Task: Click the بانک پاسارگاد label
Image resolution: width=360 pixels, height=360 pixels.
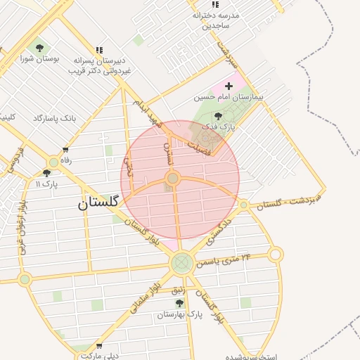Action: pyautogui.click(x=54, y=119)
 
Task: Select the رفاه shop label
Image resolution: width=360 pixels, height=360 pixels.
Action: pyautogui.click(x=66, y=160)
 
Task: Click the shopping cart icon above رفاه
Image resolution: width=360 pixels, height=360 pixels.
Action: pyautogui.click(x=66, y=150)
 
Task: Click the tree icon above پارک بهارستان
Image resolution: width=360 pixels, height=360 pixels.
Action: pyautogui.click(x=179, y=303)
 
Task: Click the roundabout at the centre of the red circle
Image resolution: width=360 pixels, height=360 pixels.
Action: pyautogui.click(x=172, y=179)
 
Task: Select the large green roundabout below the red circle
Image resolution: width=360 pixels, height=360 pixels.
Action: pyautogui.click(x=181, y=264)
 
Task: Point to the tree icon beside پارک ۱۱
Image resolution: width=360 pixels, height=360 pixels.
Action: pyautogui.click(x=46, y=173)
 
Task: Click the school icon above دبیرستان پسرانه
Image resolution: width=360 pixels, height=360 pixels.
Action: pyautogui.click(x=98, y=49)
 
